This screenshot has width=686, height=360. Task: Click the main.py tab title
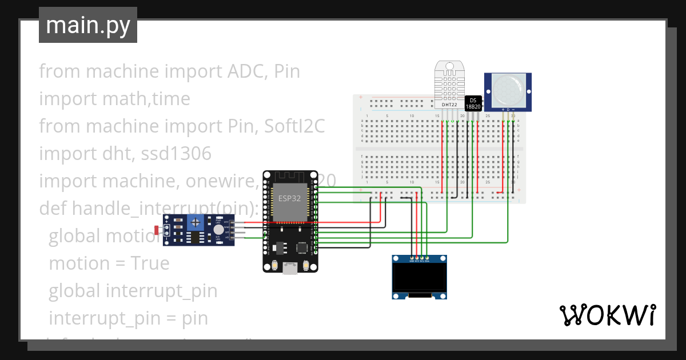click(x=87, y=25)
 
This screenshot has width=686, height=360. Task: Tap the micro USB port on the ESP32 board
click(x=290, y=267)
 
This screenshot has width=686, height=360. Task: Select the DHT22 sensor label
click(x=450, y=105)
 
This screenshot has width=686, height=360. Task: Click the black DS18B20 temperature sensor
click(x=473, y=103)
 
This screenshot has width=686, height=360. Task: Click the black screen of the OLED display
click(x=419, y=278)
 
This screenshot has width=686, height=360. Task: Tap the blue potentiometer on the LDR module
click(x=196, y=222)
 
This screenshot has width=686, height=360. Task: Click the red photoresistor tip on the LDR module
click(x=157, y=230)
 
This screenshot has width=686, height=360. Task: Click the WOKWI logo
click(x=607, y=315)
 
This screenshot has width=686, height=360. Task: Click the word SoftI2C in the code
click(x=294, y=126)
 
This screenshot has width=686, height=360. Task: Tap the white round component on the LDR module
click(x=218, y=229)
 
